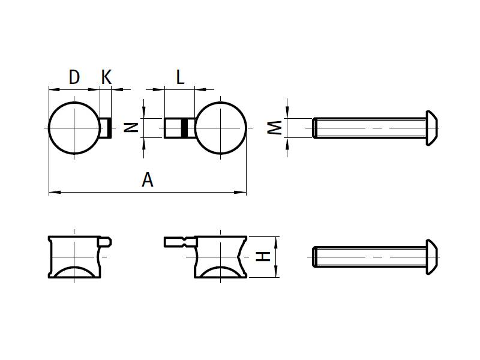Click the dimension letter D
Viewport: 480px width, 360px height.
74,77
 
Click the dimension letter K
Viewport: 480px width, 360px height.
106,77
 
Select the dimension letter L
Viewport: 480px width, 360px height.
180,77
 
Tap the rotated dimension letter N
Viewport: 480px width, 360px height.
134,127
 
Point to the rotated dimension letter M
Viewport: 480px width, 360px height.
274,127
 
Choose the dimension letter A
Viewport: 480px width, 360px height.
148,179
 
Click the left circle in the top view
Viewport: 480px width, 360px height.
74,128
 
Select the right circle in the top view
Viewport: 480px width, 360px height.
220,128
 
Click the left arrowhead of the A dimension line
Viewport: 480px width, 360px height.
52,193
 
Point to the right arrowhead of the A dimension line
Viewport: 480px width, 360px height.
242,193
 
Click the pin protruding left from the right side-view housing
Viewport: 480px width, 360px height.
179,242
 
